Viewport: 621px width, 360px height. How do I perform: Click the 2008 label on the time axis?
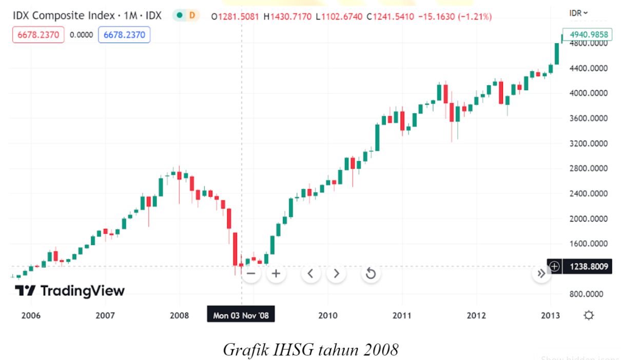pos(180,315)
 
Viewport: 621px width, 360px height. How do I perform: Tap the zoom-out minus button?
pos(251,273)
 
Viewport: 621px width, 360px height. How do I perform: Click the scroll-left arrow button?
pos(310,273)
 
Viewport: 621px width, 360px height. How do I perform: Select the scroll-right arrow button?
pos(336,273)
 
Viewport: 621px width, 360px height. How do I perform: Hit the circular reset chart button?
pos(371,273)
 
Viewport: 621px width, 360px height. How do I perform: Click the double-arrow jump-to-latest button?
pos(541,273)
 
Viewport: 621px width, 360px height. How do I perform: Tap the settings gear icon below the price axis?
pos(589,315)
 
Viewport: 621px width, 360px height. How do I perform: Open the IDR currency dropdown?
pos(579,13)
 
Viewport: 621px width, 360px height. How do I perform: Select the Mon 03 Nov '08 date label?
pos(241,315)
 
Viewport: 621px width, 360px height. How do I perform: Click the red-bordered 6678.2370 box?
pos(38,35)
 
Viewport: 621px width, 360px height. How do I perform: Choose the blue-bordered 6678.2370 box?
pos(124,35)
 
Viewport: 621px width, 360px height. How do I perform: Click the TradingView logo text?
pos(70,291)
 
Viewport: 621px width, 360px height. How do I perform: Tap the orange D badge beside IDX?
pos(192,15)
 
